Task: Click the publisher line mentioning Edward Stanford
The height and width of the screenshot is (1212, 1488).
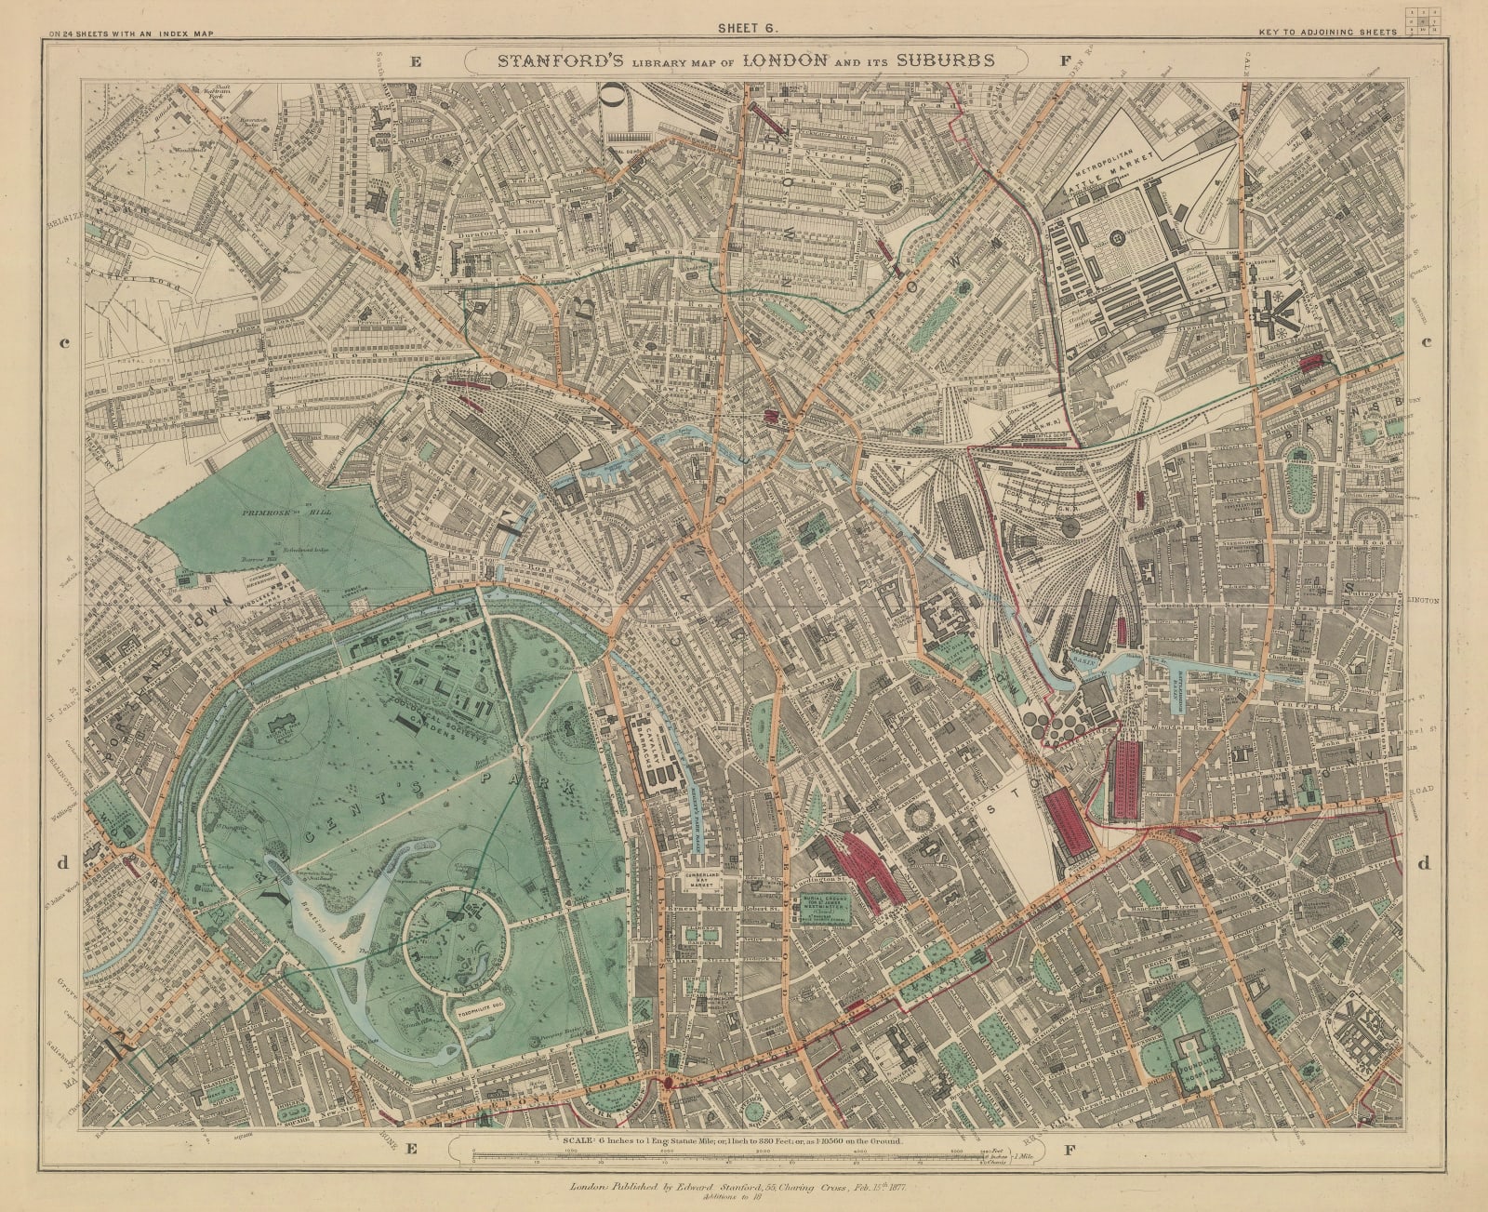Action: coord(744,1187)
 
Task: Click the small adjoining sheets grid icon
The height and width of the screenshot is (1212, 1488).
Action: coord(1423,20)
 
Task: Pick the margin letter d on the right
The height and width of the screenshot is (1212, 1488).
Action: coord(1423,862)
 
